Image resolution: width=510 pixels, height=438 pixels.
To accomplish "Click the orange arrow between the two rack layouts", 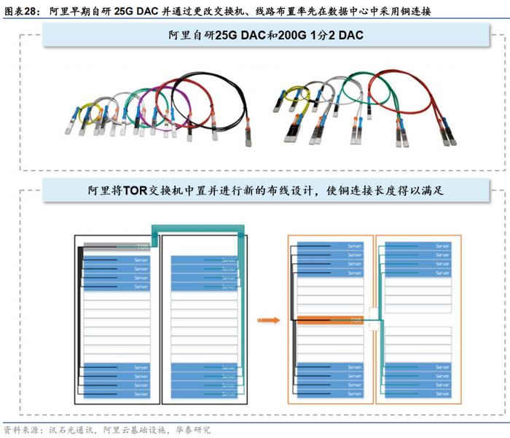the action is [270, 319].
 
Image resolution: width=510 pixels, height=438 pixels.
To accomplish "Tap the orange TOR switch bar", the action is [331, 319].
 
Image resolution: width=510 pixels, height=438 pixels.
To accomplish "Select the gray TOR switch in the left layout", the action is [117, 246].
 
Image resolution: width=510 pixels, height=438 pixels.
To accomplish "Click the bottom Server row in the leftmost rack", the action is [117, 394].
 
